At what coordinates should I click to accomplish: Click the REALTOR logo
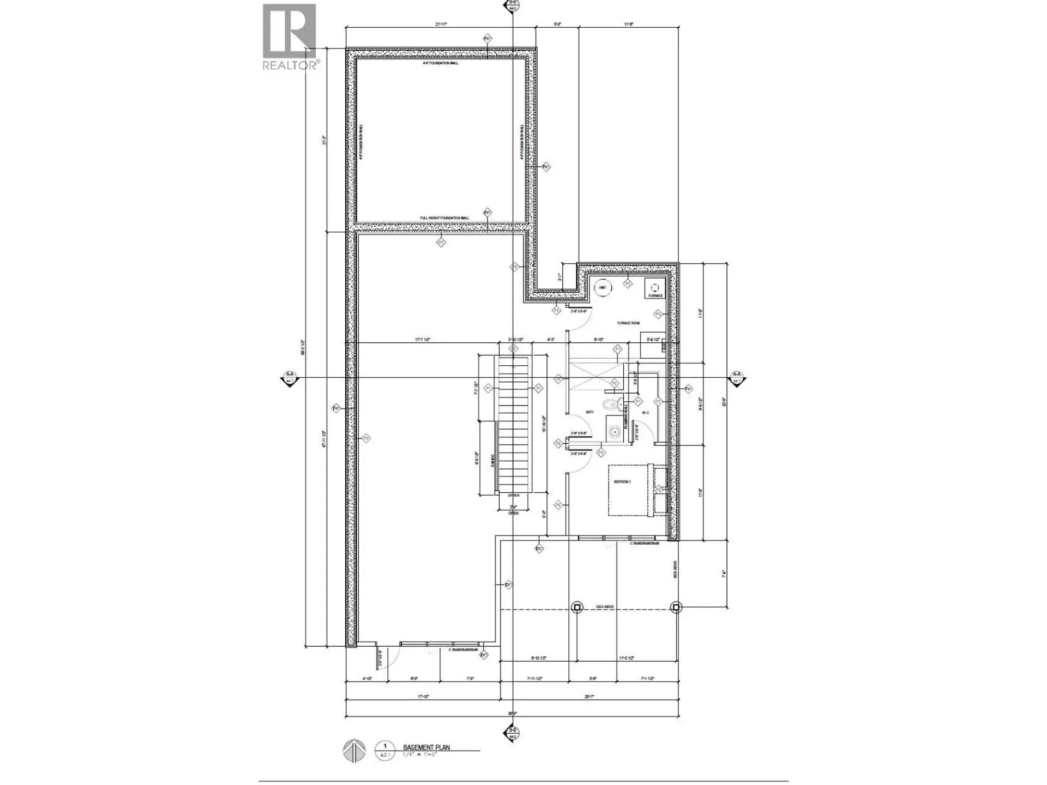coord(290,37)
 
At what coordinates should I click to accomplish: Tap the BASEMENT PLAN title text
coord(426,747)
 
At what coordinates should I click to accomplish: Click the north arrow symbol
coord(353,751)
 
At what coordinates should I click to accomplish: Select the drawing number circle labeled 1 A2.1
coord(385,750)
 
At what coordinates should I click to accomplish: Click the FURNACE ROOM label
coord(628,323)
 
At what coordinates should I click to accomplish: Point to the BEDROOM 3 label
coord(622,482)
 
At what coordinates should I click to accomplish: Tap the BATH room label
coord(589,412)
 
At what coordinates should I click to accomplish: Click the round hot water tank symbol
coord(603,288)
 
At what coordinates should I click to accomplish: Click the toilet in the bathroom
coord(611,404)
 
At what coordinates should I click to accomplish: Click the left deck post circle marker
coord(577,607)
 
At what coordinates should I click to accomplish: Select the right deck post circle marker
coord(676,607)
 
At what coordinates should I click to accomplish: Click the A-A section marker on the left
coord(290,377)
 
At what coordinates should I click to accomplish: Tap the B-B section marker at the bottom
coord(512,732)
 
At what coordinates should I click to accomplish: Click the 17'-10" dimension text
coord(423,697)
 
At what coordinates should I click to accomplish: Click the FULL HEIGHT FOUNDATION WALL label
coord(444,218)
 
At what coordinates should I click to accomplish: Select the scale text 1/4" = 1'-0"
coord(420,755)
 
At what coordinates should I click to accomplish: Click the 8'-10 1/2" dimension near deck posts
coord(539,659)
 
